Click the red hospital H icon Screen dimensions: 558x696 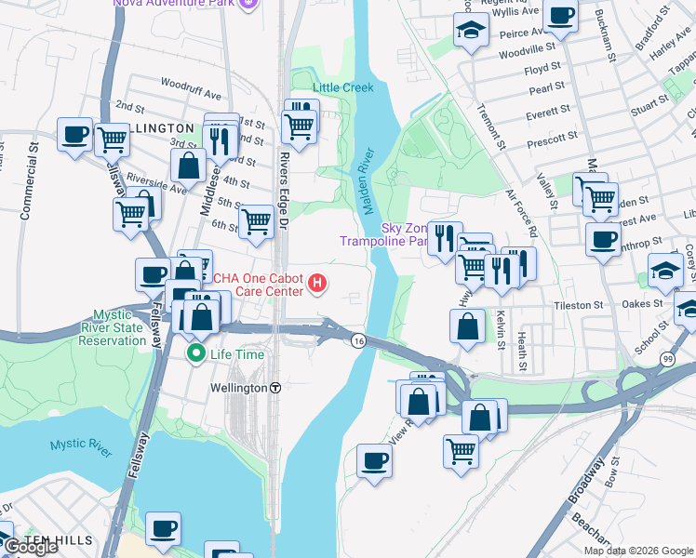318,283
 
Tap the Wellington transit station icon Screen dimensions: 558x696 276,388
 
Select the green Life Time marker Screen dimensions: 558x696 196,353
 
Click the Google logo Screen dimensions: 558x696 31,547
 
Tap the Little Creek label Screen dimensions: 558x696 342,87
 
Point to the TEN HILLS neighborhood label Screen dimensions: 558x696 59,539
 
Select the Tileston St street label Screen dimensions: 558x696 579,305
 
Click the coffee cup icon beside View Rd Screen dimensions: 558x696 374,460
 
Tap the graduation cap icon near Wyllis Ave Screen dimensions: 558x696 472,30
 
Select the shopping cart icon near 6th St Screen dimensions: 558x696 256,221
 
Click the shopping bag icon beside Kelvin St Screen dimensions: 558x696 467,325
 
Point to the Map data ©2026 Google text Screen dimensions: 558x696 638,551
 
